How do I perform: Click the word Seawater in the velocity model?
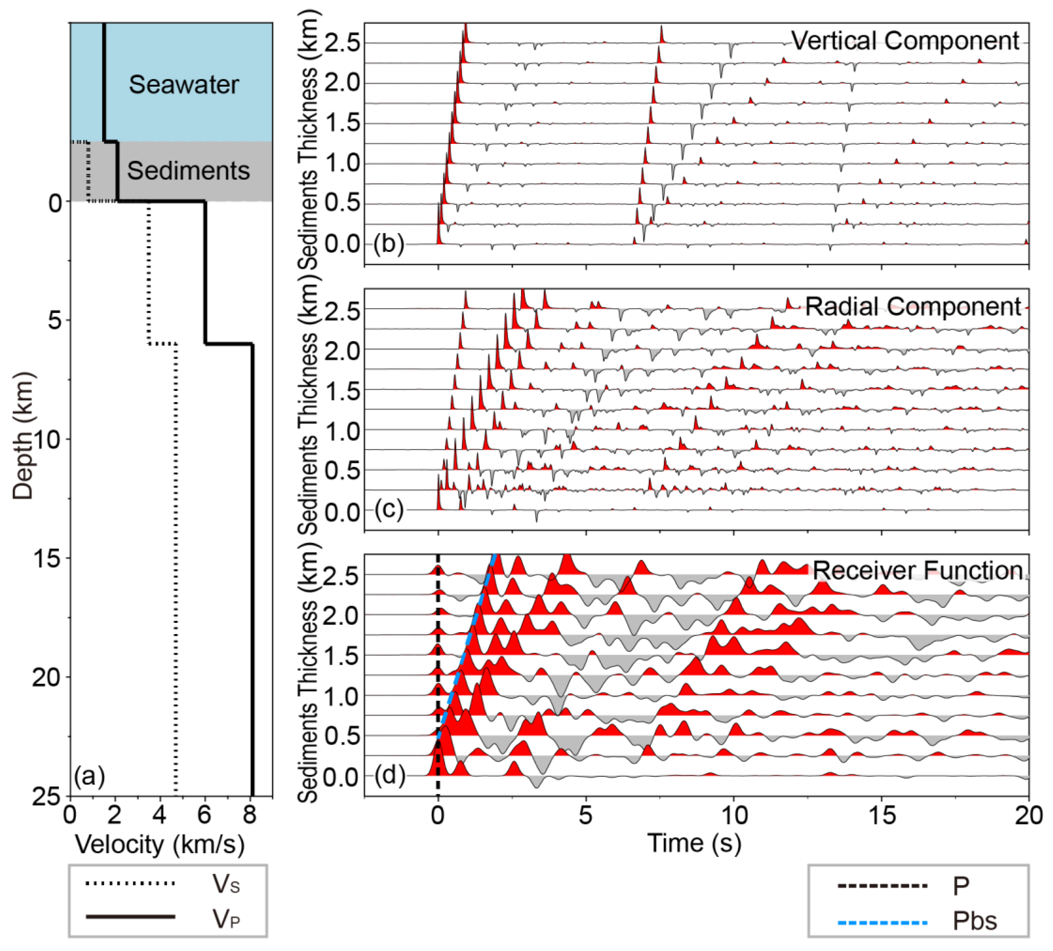pyautogui.click(x=184, y=84)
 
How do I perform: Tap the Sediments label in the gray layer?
pyautogui.click(x=188, y=171)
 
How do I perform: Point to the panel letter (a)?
pyautogui.click(x=89, y=776)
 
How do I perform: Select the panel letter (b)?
pyautogui.click(x=388, y=244)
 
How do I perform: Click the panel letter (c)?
pyautogui.click(x=388, y=509)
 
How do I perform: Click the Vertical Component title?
pyautogui.click(x=905, y=41)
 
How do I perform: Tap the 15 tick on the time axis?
pyautogui.click(x=882, y=815)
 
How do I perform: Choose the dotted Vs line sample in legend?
pyautogui.click(x=130, y=884)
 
